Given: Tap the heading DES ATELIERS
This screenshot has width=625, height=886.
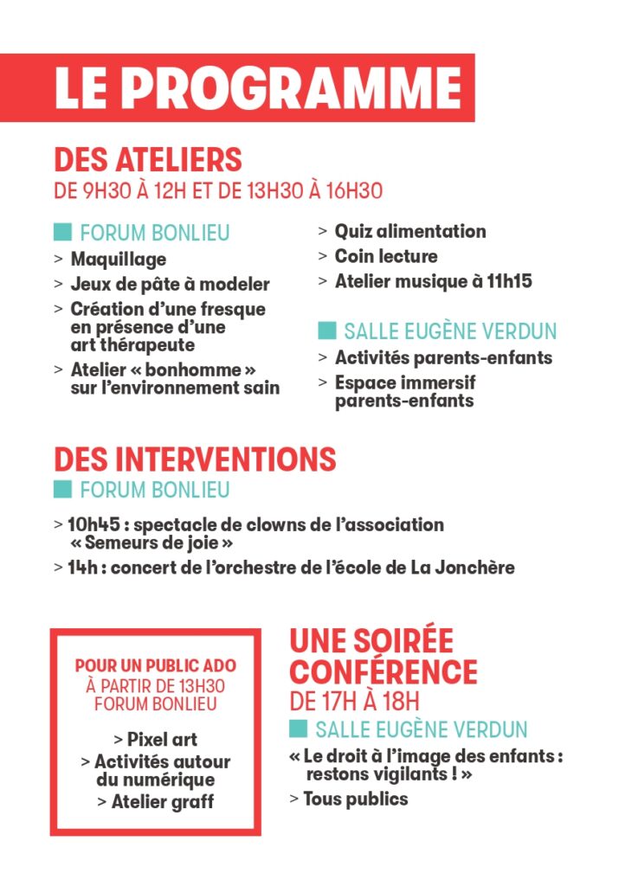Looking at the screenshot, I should point(148,159).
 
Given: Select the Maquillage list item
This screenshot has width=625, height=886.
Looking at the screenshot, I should point(118,259).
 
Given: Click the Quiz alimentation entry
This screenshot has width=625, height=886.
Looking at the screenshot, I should point(410,231).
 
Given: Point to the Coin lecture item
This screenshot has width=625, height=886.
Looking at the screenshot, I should point(386,256).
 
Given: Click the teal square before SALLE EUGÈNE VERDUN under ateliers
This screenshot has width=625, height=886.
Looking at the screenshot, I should point(326,331).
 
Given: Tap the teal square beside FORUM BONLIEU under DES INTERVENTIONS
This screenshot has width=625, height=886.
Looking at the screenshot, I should point(62,489).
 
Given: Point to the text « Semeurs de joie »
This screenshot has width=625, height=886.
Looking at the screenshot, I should point(151,543).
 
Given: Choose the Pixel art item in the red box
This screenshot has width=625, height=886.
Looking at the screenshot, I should point(161,740).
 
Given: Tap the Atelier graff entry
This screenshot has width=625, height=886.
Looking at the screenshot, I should point(162,802).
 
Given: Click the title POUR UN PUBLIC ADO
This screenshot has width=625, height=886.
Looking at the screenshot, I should point(156,666).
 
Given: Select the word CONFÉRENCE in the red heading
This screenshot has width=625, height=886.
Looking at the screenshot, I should point(383,671).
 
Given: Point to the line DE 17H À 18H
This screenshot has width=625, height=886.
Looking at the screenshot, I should point(354,700).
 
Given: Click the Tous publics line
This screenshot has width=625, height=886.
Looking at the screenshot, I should point(355,799).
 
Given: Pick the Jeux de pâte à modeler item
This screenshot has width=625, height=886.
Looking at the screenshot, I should point(170,284).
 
